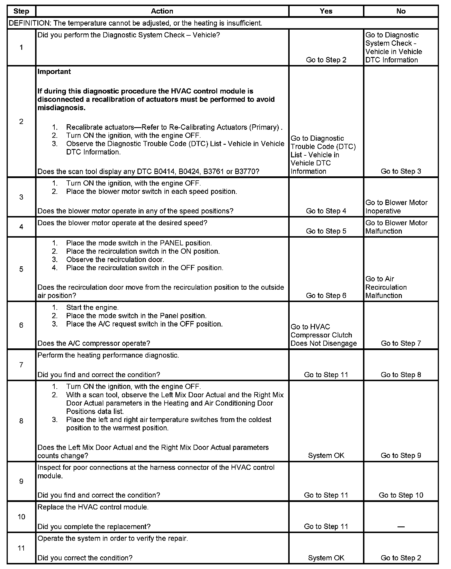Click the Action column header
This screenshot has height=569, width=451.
pyautogui.click(x=162, y=11)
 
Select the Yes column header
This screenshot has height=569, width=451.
pyautogui.click(x=326, y=11)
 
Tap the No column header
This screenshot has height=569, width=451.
pyautogui.click(x=401, y=11)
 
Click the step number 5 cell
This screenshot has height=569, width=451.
pyautogui.click(x=21, y=269)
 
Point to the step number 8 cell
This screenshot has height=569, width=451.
pyautogui.click(x=21, y=421)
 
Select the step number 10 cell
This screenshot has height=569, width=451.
pyautogui.click(x=21, y=517)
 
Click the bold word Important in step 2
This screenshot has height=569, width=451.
pyautogui.click(x=54, y=72)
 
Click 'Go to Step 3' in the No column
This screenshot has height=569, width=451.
pyautogui.click(x=401, y=171)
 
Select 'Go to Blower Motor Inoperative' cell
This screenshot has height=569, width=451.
pyautogui.click(x=396, y=207)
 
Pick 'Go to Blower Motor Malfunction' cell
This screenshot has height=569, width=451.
pyautogui.click(x=396, y=227)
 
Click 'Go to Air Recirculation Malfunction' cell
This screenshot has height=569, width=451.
pyautogui.click(x=386, y=287)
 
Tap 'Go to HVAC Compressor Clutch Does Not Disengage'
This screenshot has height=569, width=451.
pyautogui.click(x=324, y=335)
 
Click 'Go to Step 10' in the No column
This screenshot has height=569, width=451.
pyautogui.click(x=401, y=495)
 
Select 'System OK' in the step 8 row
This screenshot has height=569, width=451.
pyautogui.click(x=326, y=455)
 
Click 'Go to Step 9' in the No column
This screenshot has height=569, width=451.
pyautogui.click(x=401, y=455)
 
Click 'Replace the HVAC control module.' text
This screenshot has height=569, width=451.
pyautogui.click(x=93, y=507)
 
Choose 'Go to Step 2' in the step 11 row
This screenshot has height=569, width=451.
pyautogui.click(x=401, y=558)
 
